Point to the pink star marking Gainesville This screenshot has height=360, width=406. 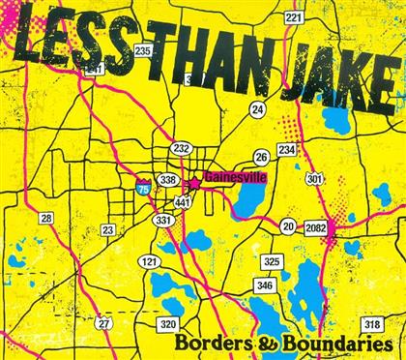point(193,181)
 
